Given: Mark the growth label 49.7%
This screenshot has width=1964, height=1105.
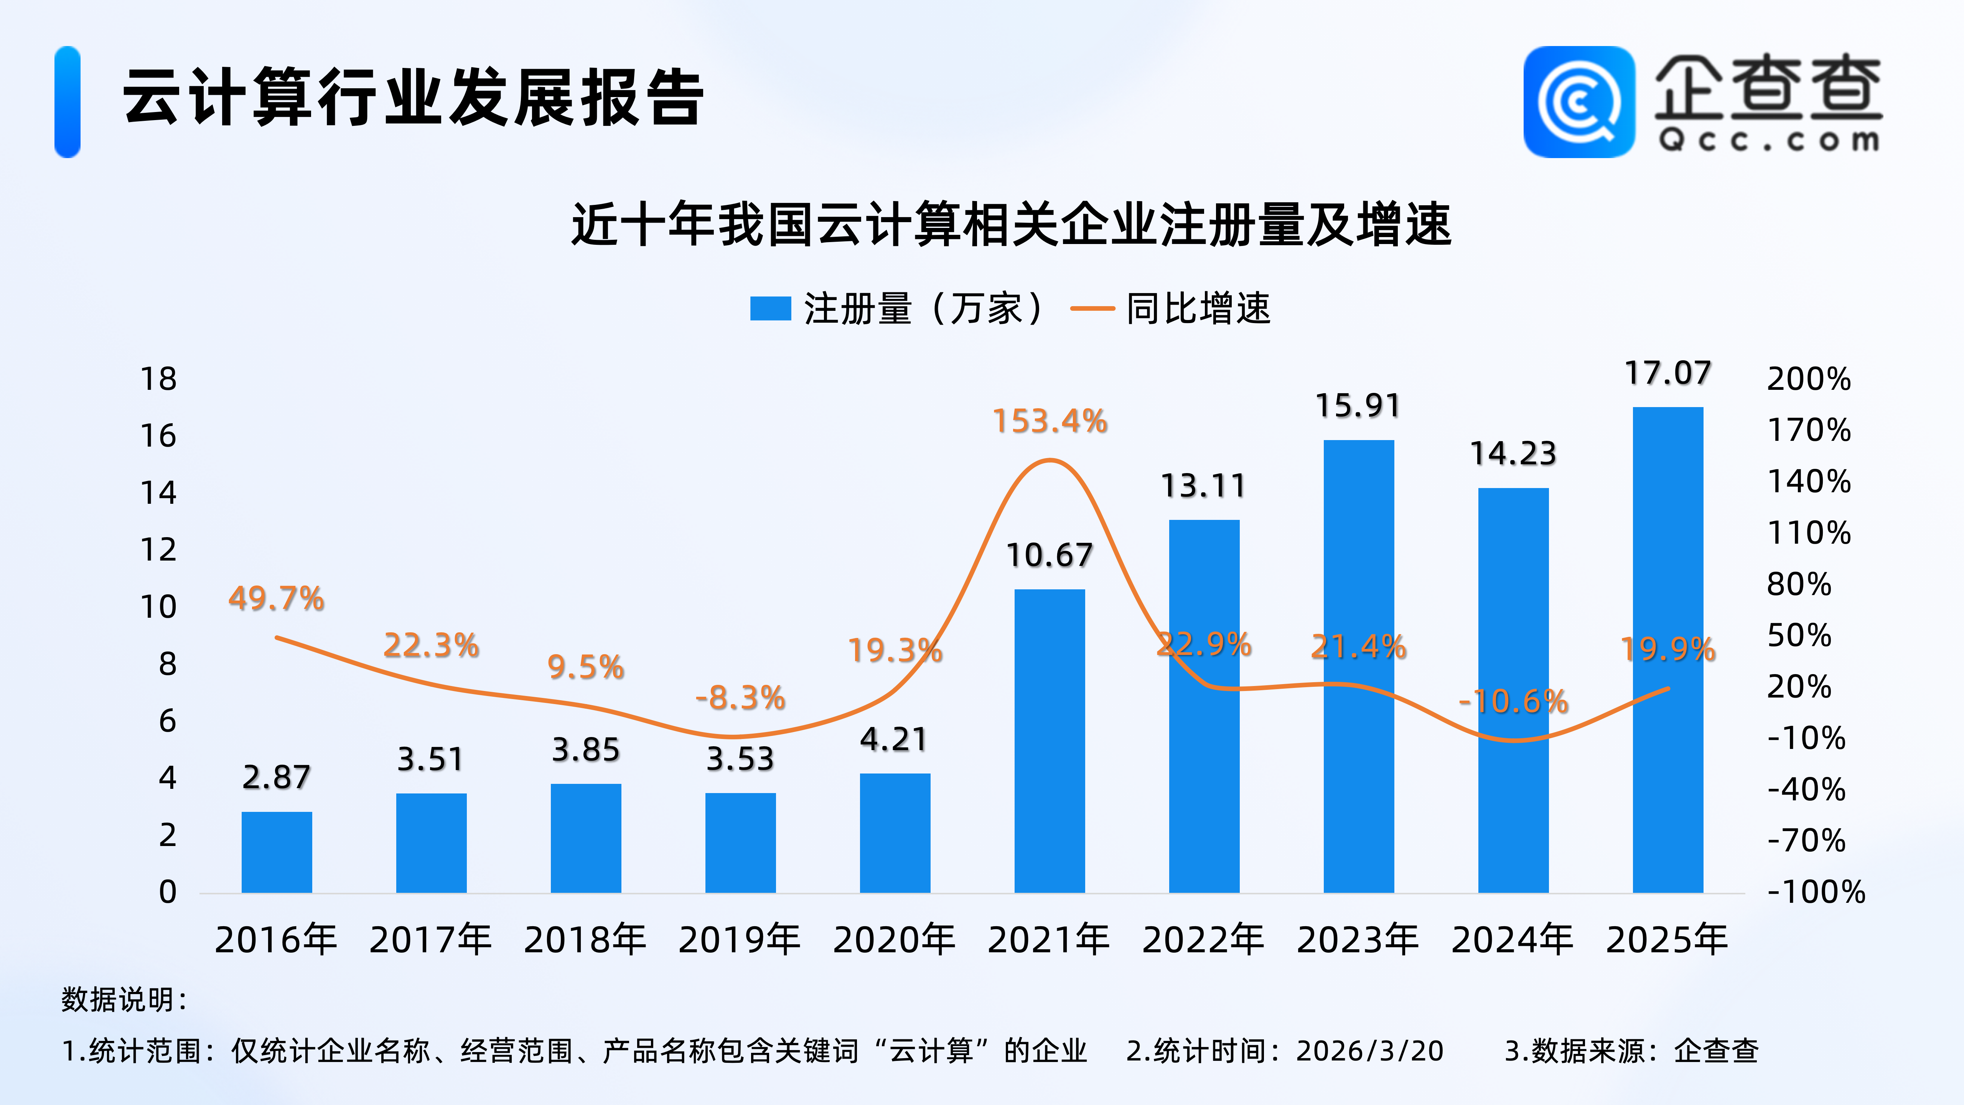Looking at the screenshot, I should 276,599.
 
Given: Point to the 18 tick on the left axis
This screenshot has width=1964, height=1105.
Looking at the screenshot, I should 158,379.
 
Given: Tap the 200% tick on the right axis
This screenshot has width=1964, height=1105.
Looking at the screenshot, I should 1809,379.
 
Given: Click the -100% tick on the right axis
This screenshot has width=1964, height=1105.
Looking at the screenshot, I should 1816,891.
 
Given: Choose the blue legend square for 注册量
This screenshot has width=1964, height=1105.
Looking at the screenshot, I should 770,309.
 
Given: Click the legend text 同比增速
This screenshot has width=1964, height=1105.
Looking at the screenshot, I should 1198,309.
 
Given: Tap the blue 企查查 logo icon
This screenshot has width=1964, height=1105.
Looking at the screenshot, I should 1579,102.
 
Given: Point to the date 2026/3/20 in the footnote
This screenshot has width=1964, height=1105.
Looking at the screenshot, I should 1370,1051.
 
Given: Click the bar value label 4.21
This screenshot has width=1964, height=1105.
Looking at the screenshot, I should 893,740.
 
